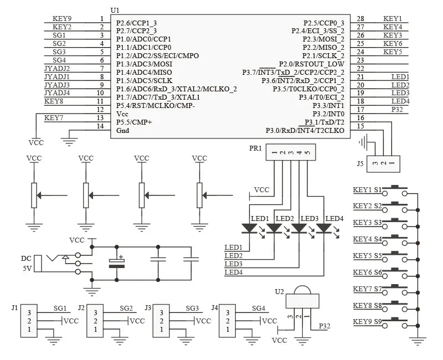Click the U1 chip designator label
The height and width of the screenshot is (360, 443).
tap(115, 11)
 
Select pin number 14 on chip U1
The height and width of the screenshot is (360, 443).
tap(100, 126)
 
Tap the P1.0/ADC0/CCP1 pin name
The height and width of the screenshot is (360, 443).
tap(143, 39)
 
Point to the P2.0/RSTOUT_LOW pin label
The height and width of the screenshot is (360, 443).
tap(312, 64)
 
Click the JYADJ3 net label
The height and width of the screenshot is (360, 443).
tap(57, 85)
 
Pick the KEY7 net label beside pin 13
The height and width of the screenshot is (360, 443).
tap(54, 117)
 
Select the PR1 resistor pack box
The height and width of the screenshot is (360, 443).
tap(291, 152)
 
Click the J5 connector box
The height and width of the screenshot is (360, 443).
tap(383, 164)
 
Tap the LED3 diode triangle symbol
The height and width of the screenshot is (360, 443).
tap(299, 228)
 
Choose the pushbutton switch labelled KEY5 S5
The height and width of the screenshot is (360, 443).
tap(395, 255)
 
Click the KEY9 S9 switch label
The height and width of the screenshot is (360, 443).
tap(367, 322)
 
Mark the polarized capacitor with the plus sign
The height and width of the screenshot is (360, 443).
tap(117, 263)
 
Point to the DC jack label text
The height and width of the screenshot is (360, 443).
tap(26, 259)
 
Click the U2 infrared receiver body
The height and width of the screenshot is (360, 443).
tap(302, 300)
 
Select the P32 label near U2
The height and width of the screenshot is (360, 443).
tap(324, 326)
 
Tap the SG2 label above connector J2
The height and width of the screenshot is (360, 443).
tap(126, 308)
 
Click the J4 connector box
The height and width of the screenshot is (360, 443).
tap(228, 321)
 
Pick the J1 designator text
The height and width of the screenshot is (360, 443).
tap(15, 307)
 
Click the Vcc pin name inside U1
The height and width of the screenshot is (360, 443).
tap(122, 114)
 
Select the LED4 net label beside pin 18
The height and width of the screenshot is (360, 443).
tap(400, 101)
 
